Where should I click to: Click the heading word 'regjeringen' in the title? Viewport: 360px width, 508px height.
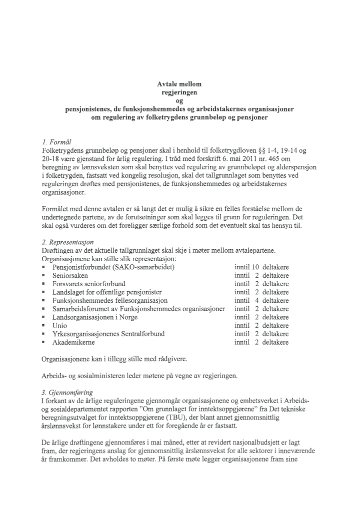click(x=179, y=92)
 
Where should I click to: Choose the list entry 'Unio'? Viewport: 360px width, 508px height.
click(x=60, y=326)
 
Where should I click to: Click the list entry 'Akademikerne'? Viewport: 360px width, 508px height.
click(x=73, y=343)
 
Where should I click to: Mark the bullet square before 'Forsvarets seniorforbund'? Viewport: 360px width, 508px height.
click(x=44, y=284)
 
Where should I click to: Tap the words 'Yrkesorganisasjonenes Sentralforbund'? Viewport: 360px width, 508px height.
click(x=108, y=334)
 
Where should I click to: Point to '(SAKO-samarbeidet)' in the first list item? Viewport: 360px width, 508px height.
click(x=145, y=267)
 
